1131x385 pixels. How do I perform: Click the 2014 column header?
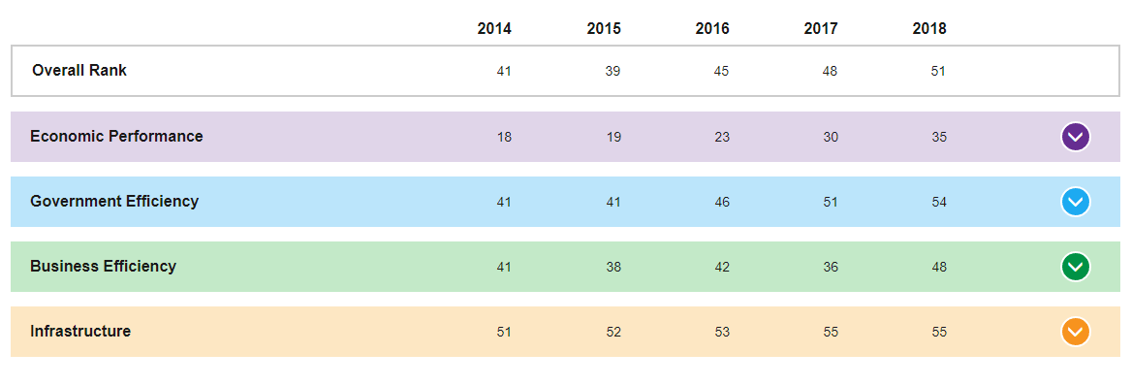494,29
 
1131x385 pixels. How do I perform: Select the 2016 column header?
712,29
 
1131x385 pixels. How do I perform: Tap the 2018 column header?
929,29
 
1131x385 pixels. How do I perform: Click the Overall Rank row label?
79,70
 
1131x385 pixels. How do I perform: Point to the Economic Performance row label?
116,136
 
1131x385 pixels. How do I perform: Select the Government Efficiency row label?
114,201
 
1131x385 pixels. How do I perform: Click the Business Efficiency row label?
103,266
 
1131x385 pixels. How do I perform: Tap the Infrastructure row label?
80,331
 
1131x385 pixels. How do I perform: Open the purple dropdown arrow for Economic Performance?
1076,137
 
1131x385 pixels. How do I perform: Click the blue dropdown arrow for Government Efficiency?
1076,202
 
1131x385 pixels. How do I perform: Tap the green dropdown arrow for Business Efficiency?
1076,267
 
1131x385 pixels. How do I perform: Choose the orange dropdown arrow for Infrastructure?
1076,332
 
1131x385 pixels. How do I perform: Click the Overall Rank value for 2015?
613,72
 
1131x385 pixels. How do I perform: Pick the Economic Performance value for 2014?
504,137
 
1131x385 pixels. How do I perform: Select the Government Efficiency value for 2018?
938,203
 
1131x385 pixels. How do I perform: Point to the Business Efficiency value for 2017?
831,268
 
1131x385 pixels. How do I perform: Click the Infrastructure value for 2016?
722,333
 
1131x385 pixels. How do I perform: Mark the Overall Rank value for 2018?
938,72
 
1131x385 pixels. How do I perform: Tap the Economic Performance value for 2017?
831,137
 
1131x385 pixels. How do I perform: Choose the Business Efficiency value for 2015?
613,268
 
